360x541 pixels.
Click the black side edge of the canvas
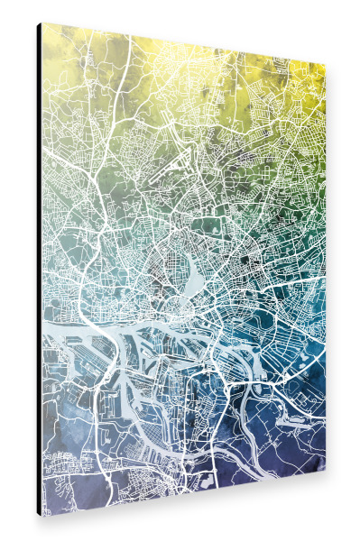coord(39,270)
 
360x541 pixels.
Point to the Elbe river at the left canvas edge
coord(50,315)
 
